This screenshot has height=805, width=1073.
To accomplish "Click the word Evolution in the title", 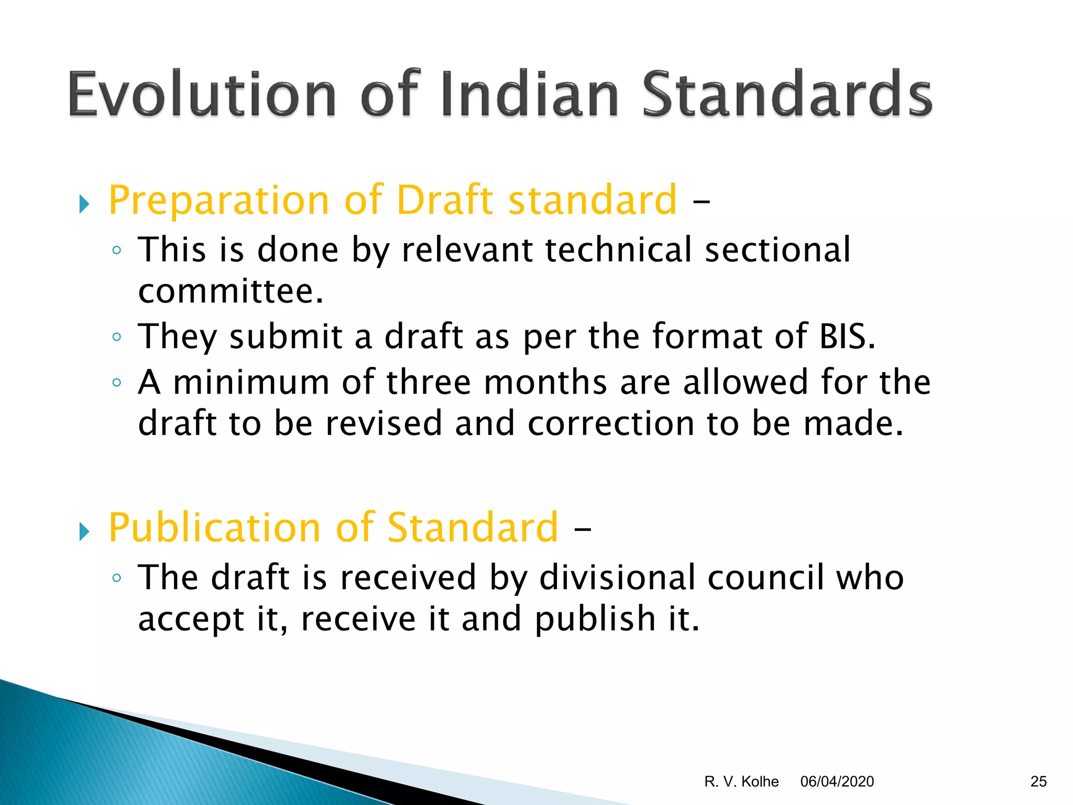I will (x=202, y=94).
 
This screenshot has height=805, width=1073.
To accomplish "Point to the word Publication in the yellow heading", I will (x=214, y=528).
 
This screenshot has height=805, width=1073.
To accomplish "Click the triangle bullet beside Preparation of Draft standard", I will (x=84, y=203).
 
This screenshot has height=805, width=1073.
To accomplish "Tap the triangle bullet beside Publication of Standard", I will (x=84, y=531).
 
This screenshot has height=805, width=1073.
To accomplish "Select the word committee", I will (x=230, y=291).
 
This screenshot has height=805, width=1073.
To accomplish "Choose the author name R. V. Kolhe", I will (x=741, y=781).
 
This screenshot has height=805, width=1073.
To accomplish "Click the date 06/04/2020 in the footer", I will (x=837, y=781).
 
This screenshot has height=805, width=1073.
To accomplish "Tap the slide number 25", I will (x=1038, y=781).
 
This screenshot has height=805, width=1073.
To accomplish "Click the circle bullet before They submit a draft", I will (x=117, y=336).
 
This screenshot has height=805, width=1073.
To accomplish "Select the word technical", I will (x=619, y=249).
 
